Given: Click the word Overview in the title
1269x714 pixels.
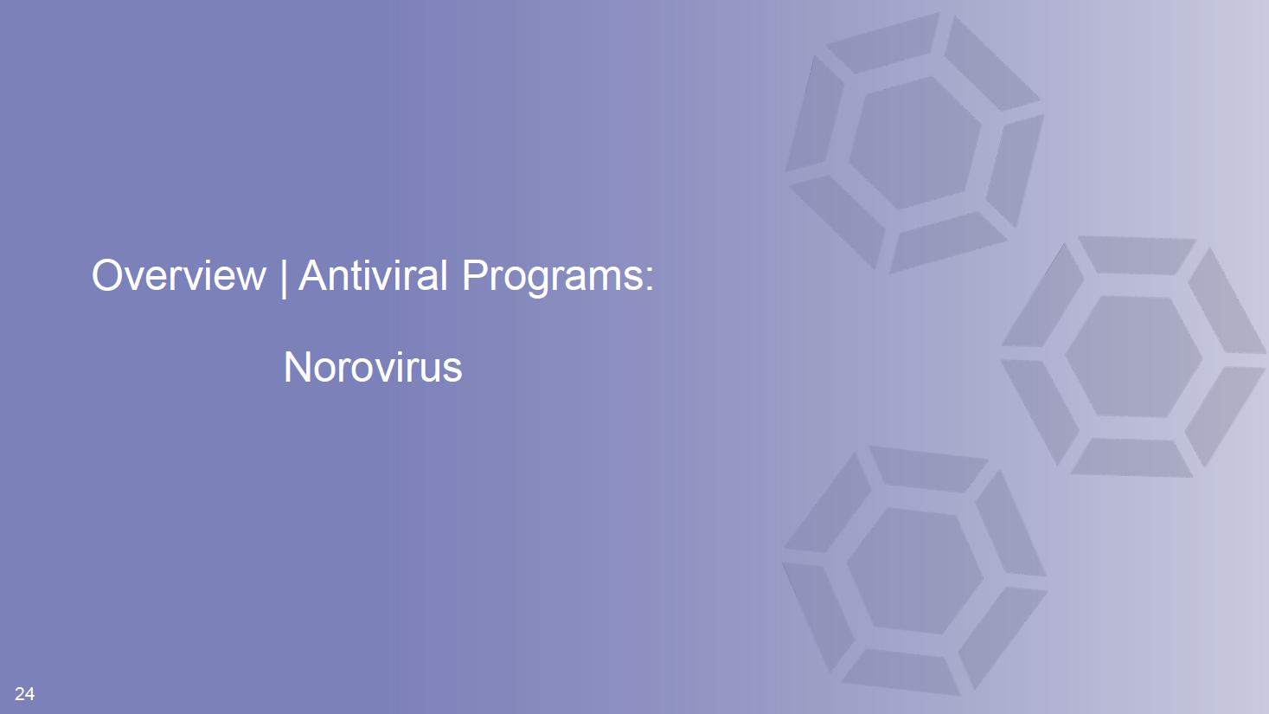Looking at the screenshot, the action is point(178,275).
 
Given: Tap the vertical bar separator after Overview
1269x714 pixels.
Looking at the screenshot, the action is point(283,278).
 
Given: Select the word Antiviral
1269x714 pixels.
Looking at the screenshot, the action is point(373,275).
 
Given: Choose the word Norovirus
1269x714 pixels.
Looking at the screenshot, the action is point(373,367).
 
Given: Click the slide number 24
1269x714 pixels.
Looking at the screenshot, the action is point(24,693).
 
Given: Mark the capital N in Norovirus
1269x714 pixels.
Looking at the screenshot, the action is point(297,367).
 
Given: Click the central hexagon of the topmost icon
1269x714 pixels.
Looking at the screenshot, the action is point(915,143).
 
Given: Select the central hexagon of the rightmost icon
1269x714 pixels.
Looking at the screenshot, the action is point(1133,357).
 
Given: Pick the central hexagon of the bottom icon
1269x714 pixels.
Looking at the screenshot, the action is point(915,570).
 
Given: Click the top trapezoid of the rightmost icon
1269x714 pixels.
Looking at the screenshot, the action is point(1137,255).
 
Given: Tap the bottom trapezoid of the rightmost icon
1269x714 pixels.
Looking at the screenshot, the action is point(1132,457).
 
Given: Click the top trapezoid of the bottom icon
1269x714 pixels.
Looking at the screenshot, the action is point(927,469).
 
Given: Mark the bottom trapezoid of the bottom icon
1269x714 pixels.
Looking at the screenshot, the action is point(900,672).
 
